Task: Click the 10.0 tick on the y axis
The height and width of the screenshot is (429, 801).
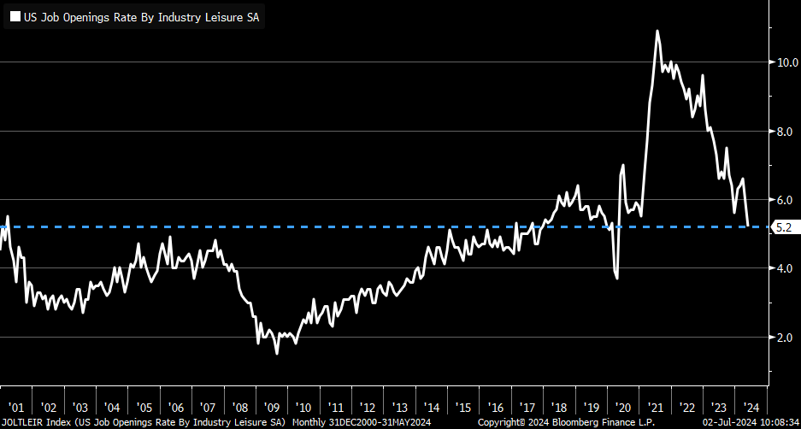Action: point(786,62)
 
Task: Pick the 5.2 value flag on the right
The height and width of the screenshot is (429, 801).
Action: point(784,227)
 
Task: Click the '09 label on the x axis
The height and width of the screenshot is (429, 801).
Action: point(273,408)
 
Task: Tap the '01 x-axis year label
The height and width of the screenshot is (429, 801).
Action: point(16,408)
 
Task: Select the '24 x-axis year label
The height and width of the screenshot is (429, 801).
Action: point(751,408)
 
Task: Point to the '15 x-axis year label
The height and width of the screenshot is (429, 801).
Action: point(463,408)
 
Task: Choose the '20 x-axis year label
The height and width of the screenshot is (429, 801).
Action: point(623,408)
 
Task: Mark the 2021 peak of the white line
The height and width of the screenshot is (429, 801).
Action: point(657,31)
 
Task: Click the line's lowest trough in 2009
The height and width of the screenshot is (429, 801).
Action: point(276,353)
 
